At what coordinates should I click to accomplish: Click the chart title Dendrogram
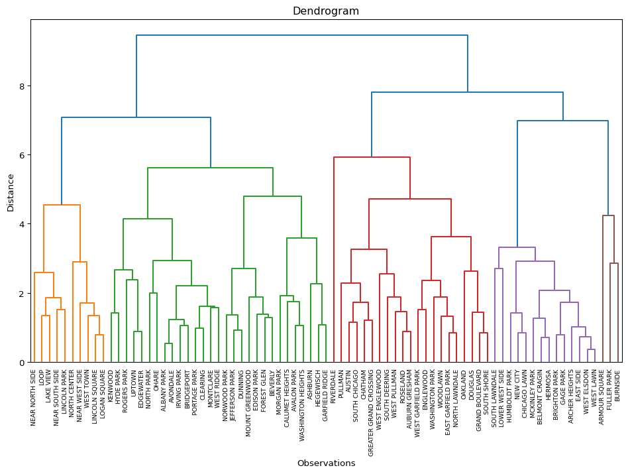tap(326, 11)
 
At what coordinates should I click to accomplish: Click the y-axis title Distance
tap(11, 192)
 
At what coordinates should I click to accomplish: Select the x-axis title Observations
tap(326, 463)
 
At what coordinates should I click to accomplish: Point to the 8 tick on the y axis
tap(22, 86)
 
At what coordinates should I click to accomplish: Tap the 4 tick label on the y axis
tap(22, 224)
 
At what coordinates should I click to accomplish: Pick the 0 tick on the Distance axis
tap(22, 363)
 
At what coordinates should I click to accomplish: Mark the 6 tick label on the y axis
tap(22, 155)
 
